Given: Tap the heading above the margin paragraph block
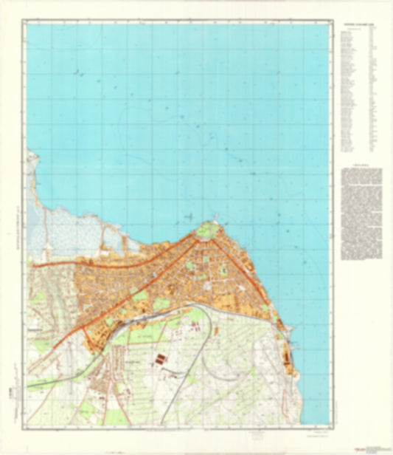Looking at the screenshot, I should click(362, 166).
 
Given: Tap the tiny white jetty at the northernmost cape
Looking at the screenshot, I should click(214, 216).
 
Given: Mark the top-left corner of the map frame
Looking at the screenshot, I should click(27, 23).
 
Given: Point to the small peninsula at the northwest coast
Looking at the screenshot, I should click(32, 159).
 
